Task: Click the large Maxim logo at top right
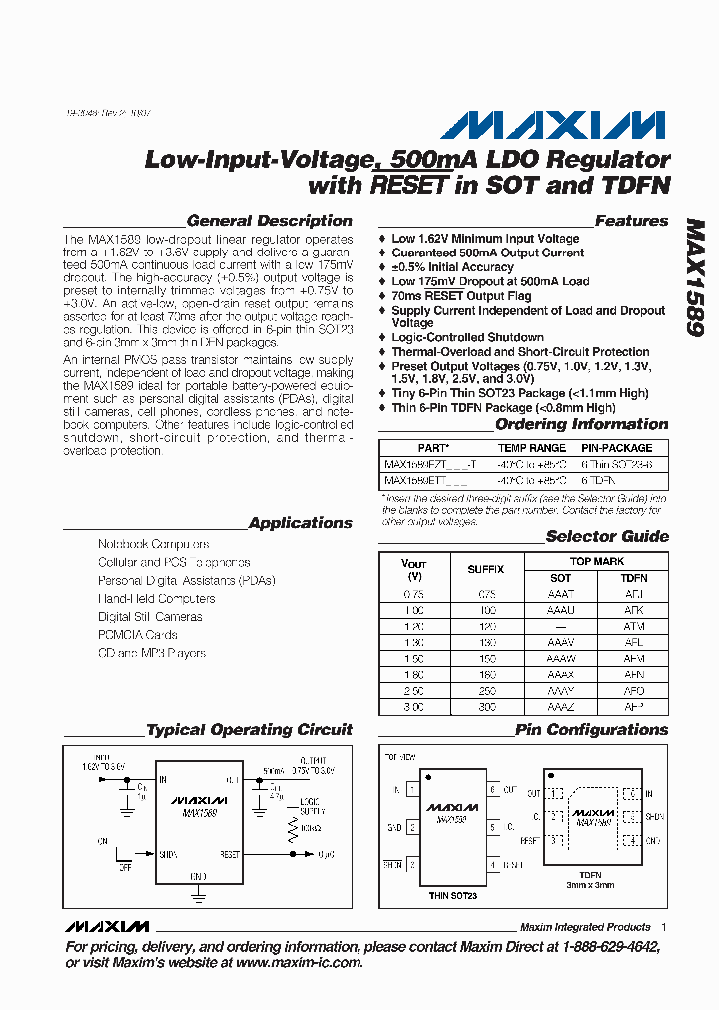552,125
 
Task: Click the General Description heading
269,221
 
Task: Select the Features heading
631,221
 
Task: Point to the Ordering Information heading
581,424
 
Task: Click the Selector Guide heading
606,536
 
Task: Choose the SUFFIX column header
486,569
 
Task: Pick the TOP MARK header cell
597,562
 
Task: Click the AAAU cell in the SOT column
561,609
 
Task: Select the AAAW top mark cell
561,659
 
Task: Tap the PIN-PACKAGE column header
616,448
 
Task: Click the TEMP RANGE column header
532,448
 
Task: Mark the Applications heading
300,523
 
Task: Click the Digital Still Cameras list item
150,617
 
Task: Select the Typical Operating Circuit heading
249,730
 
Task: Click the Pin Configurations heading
591,730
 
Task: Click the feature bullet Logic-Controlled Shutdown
467,337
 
